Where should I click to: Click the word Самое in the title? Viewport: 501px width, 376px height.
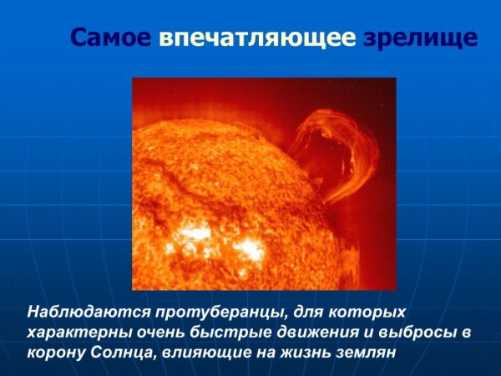coord(110,39)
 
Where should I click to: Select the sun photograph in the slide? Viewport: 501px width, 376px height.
coord(264,184)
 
